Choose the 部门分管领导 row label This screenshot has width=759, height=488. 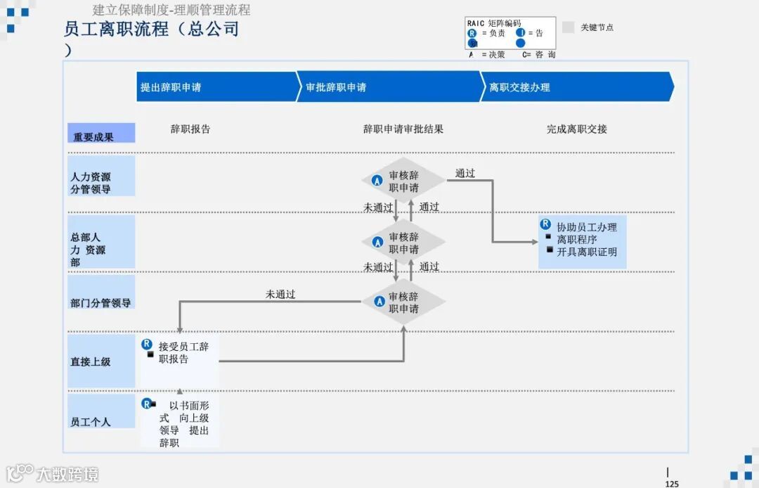pos(101,302)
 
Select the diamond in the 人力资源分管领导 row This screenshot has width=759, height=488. pos(403,181)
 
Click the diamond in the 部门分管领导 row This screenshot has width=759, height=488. pos(403,302)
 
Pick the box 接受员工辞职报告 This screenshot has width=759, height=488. pos(179,353)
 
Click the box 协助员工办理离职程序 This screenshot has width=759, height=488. pos(583,240)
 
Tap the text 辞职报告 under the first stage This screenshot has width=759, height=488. pos(190,129)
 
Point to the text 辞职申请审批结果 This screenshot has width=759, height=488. pos(403,129)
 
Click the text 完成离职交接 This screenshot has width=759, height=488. pos(577,129)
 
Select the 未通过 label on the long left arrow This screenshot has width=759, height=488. pos(280,295)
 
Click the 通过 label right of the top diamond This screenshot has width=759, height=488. pos(465,173)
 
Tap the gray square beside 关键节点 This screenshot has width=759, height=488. pos(569,27)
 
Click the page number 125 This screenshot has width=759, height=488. pos(672,483)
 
